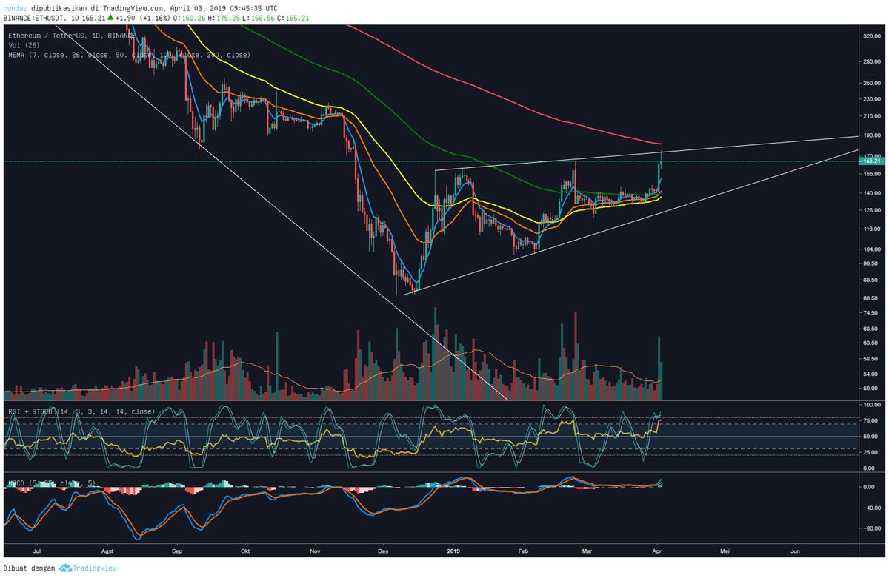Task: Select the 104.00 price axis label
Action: coord(870,249)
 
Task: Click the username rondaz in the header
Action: coord(16,6)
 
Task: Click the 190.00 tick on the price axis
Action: coord(870,135)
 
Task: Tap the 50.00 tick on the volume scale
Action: coord(870,388)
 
